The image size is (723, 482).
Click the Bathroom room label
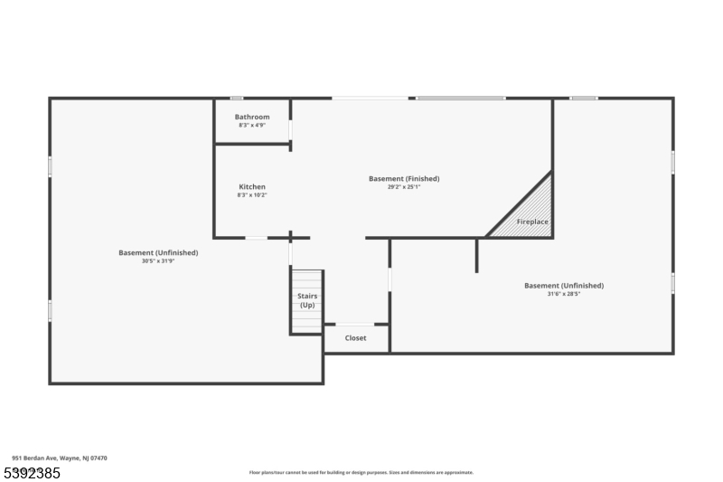coord(252,117)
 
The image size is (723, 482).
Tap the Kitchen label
coord(252,186)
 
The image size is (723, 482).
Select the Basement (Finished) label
coord(404,178)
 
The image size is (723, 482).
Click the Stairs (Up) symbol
coord(307,300)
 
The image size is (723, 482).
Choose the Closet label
coord(356,338)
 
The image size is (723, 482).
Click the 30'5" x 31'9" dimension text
coord(158,260)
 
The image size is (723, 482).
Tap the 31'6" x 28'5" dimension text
coord(564,294)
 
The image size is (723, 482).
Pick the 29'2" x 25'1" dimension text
coord(404,187)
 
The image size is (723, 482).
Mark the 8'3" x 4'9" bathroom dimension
coord(252,125)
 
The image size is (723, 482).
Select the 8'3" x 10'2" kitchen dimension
coord(252,194)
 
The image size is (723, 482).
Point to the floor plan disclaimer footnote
coord(361,472)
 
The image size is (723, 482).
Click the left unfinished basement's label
coord(158,252)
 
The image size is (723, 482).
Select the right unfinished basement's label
coord(564,286)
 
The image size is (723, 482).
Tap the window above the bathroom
coord(236,98)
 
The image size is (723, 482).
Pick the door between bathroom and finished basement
coord(290,128)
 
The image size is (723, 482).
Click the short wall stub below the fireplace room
coord(477,255)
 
